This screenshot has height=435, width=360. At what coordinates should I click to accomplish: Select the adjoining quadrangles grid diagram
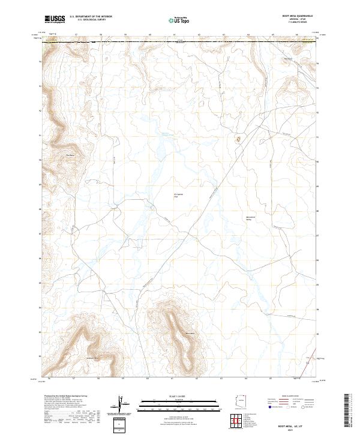pos(239,421)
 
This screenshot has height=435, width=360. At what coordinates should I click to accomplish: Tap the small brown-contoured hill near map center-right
pos(238,140)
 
